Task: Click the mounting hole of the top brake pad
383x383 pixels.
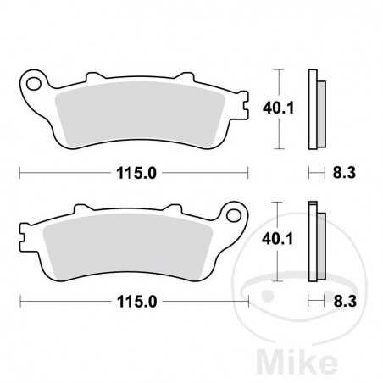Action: (x=36, y=83)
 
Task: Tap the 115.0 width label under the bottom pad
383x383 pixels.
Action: (x=134, y=301)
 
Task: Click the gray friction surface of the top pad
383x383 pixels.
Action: (x=136, y=114)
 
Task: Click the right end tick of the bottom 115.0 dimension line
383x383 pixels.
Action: (x=247, y=301)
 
